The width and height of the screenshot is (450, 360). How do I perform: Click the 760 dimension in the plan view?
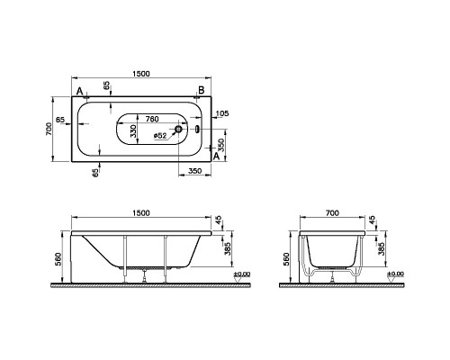click(152, 119)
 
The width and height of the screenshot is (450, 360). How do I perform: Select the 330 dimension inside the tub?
click(133, 131)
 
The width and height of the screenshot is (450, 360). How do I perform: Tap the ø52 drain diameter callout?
click(160, 136)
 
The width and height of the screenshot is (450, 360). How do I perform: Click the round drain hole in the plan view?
click(178, 129)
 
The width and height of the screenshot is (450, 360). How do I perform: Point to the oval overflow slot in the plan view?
click(197, 129)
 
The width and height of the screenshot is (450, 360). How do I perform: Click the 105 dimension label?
click(222, 113)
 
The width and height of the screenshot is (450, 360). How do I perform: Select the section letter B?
click(202, 89)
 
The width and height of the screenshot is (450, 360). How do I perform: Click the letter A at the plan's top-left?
click(79, 91)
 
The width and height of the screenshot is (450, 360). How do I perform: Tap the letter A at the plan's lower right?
click(216, 156)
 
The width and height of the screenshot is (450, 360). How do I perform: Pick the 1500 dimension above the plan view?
click(141, 74)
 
